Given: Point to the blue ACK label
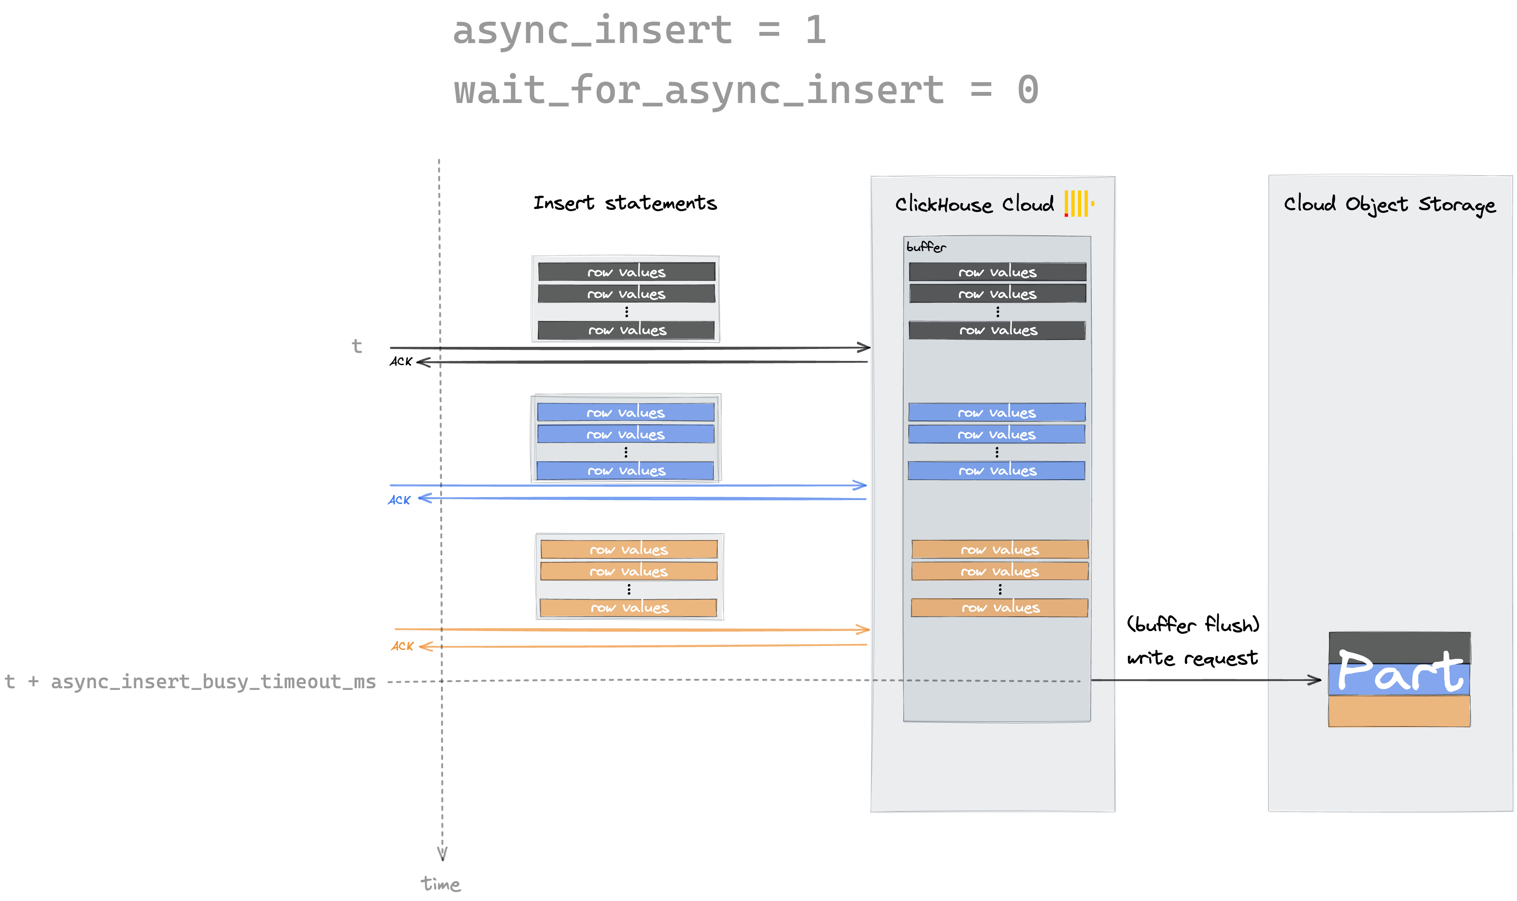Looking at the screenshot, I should (399, 500).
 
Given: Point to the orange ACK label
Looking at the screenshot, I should (402, 646).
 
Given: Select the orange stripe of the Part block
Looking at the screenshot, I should (1399, 711).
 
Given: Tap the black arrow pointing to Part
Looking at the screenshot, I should (1305, 680).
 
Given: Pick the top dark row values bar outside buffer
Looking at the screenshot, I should (627, 272).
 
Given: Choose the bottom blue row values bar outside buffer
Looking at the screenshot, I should (625, 471).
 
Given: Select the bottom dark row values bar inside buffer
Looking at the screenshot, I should (997, 330).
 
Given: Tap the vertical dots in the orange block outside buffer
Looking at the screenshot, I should (629, 589).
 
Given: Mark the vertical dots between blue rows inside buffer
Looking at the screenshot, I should (997, 452).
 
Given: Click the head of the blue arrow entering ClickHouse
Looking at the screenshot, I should (860, 485).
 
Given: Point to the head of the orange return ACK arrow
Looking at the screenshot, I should (426, 646).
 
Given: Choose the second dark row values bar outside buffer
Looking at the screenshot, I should (627, 294).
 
